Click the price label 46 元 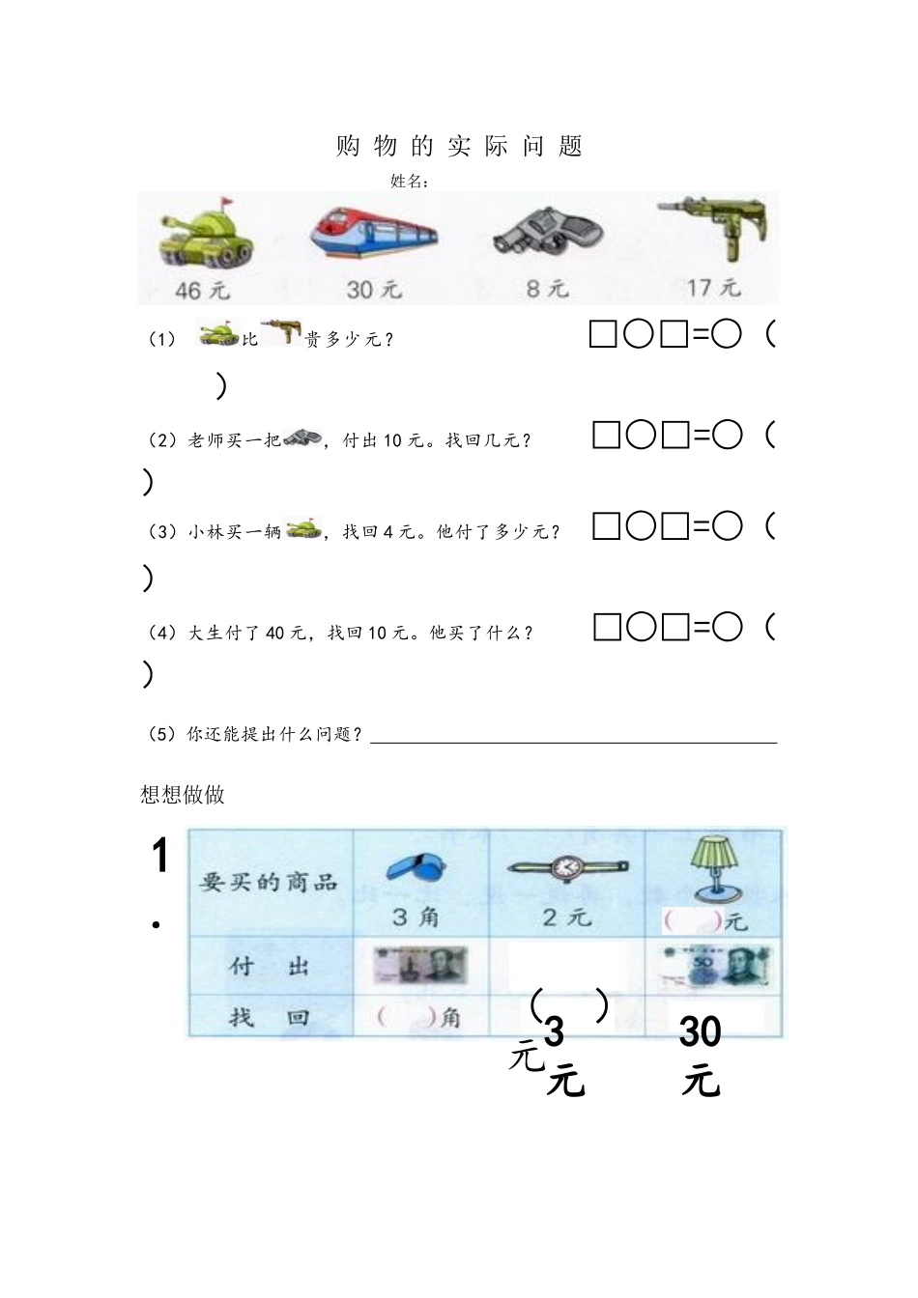(x=202, y=290)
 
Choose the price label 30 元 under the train (x=373, y=290)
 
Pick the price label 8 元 (x=546, y=288)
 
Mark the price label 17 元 (x=713, y=288)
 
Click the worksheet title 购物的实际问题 (x=460, y=147)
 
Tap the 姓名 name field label (x=410, y=181)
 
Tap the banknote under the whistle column (x=420, y=965)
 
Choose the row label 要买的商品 (x=269, y=881)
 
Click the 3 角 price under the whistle (x=416, y=916)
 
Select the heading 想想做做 (x=183, y=794)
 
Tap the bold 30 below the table (x=700, y=1032)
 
